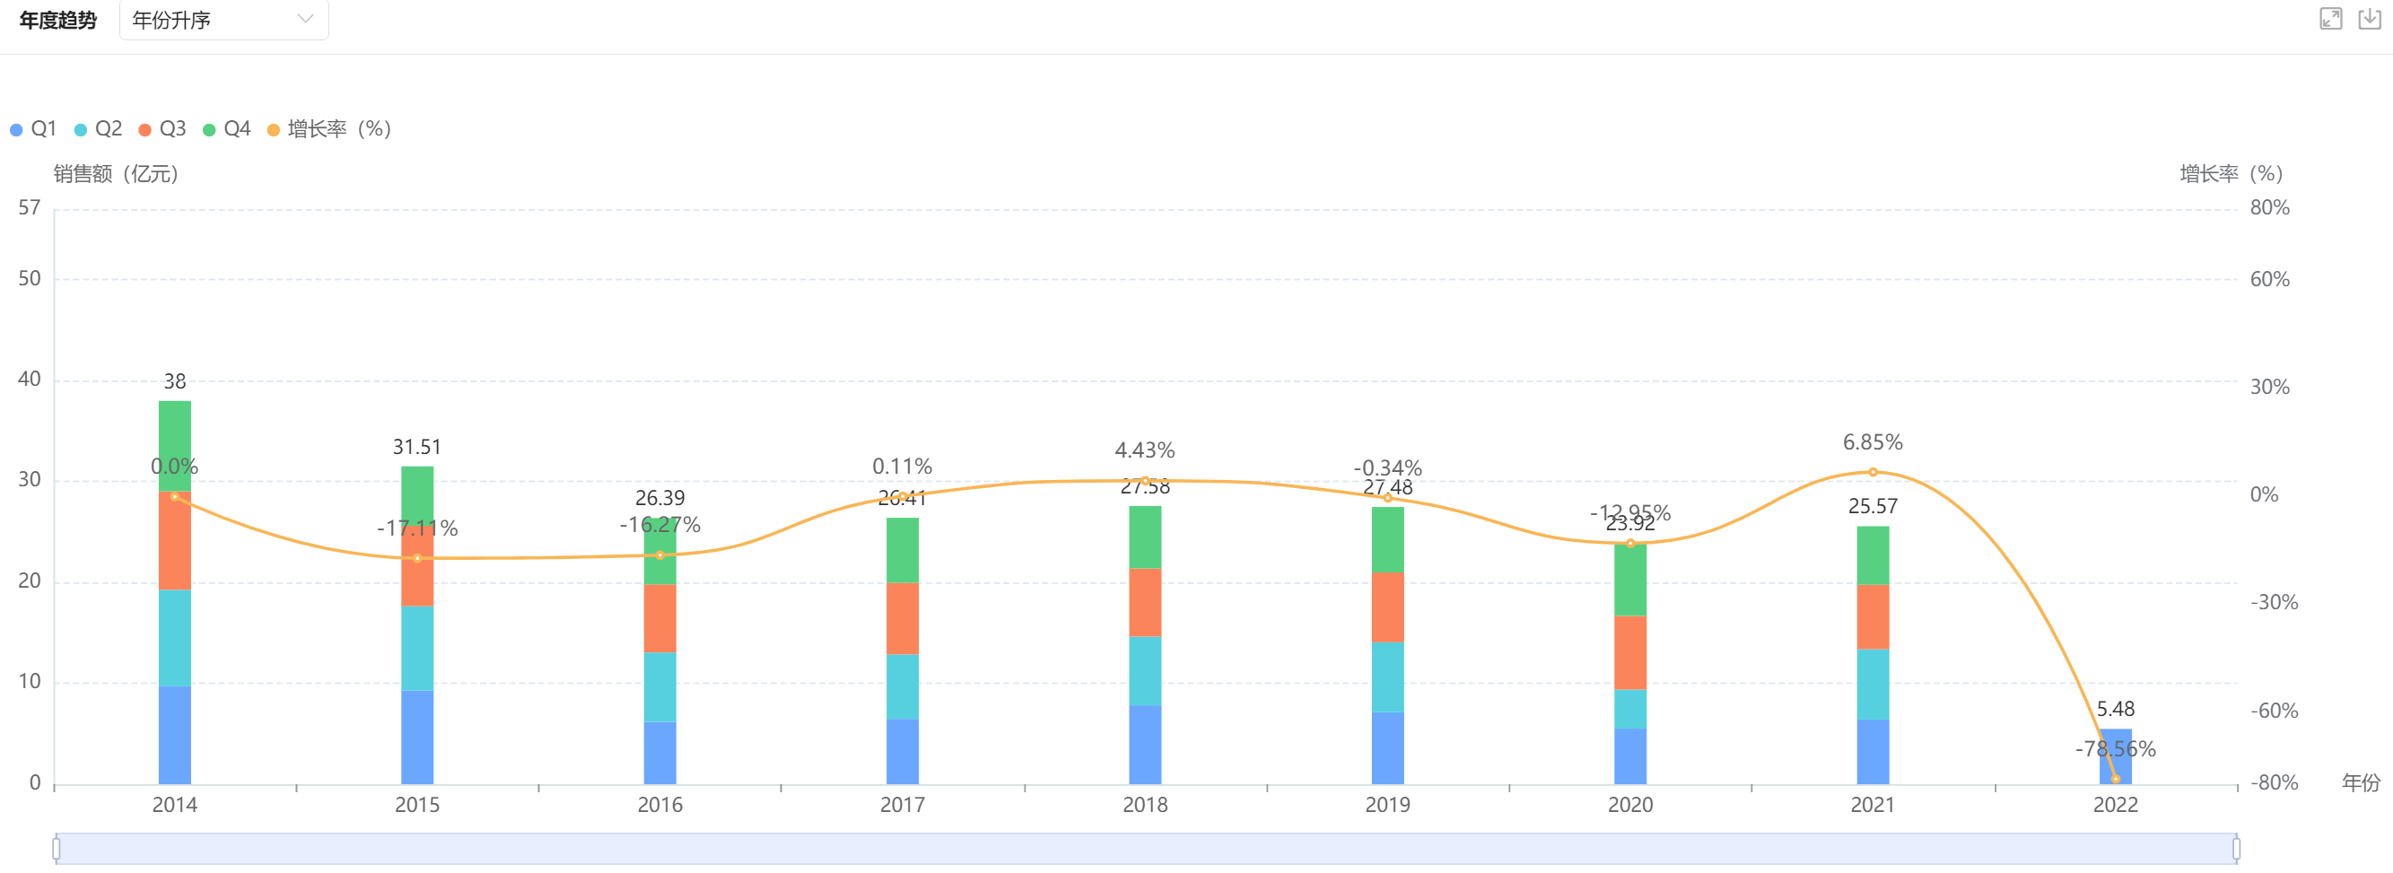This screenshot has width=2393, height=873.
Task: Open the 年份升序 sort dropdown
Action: tap(223, 20)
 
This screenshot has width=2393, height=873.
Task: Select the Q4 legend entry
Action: tap(227, 129)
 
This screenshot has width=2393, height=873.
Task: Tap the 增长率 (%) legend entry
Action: tap(330, 129)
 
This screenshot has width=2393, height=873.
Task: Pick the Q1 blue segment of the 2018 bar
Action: tap(1145, 745)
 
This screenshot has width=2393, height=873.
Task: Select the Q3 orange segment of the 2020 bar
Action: tap(1629, 653)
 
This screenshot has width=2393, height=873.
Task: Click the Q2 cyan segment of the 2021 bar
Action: tap(1872, 685)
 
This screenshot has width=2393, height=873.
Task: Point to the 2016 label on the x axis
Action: tap(659, 805)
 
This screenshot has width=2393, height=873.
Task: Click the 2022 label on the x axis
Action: tap(2114, 805)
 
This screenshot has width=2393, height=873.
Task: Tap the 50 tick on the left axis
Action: tap(30, 279)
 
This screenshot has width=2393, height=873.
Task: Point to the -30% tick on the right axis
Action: tap(2273, 602)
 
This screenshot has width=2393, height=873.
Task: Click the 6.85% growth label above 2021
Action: tap(1872, 442)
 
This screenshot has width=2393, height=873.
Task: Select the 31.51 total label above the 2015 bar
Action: tap(417, 447)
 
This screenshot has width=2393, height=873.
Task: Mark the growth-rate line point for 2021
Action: tap(1872, 472)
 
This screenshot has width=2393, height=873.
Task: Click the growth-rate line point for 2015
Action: tap(417, 558)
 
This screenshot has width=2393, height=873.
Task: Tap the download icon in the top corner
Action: tap(2369, 19)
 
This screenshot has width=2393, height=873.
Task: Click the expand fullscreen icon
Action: tap(2330, 19)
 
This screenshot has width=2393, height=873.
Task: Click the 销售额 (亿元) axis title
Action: tap(115, 174)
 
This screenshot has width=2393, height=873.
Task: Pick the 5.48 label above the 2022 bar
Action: tap(2115, 709)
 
